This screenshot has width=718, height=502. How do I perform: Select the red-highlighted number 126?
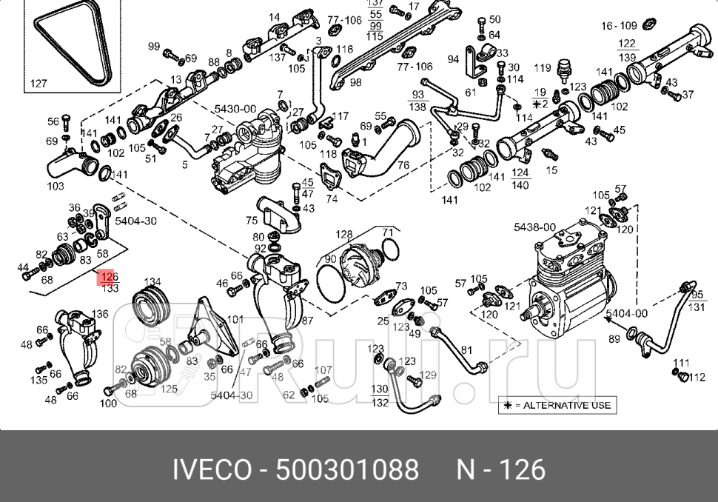pyautogui.click(x=109, y=276)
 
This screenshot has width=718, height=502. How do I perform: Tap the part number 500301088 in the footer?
pyautogui.click(x=346, y=469)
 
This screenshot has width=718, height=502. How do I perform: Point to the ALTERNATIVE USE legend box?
pyautogui.click(x=557, y=405)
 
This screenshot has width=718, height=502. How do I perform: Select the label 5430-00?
pyautogui.click(x=235, y=109)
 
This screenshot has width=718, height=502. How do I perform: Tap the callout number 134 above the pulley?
pyautogui.click(x=152, y=282)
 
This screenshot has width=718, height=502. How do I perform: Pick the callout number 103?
pyautogui.click(x=56, y=186)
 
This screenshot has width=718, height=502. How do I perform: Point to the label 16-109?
pyautogui.click(x=619, y=26)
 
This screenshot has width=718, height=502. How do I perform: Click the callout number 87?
pyautogui.click(x=307, y=321)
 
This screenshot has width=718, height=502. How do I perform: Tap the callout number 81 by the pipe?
pyautogui.click(x=466, y=350)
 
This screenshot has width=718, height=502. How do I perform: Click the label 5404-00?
pyautogui.click(x=626, y=313)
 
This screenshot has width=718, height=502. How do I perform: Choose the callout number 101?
pyautogui.click(x=235, y=320)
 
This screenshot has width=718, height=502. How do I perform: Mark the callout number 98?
pyautogui.click(x=355, y=82)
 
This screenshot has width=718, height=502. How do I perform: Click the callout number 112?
pyautogui.click(x=697, y=377)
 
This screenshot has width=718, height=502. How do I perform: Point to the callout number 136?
pyautogui.click(x=99, y=314)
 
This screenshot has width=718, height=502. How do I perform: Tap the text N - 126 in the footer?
pyautogui.click(x=500, y=469)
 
